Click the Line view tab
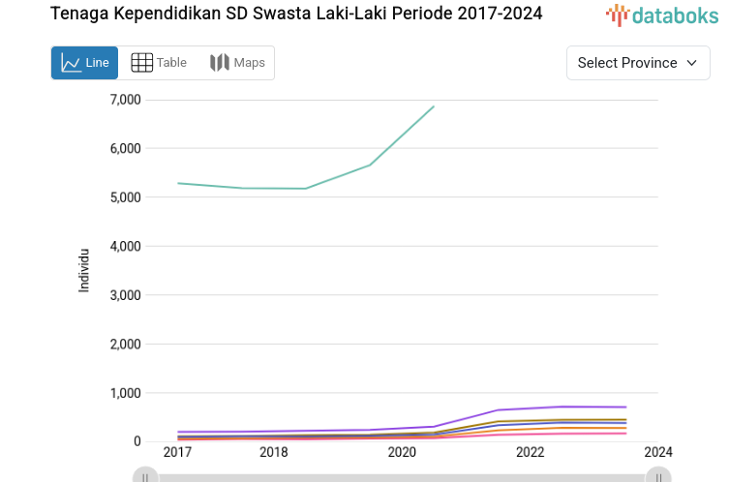point(84,63)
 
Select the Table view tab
point(159,63)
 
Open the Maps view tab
point(237,63)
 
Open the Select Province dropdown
point(637,63)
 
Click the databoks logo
point(662,15)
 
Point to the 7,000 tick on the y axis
point(126,100)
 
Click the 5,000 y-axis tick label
point(126,197)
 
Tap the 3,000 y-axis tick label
point(126,295)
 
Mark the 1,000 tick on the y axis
point(126,393)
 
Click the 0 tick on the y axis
point(137,442)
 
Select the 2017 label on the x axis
point(177,452)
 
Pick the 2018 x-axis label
point(273,452)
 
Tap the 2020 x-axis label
point(402,452)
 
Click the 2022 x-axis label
point(530,452)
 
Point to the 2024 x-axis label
point(658,452)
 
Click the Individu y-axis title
point(84,270)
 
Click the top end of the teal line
point(434,106)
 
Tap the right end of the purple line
point(625,407)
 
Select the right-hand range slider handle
point(658,476)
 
